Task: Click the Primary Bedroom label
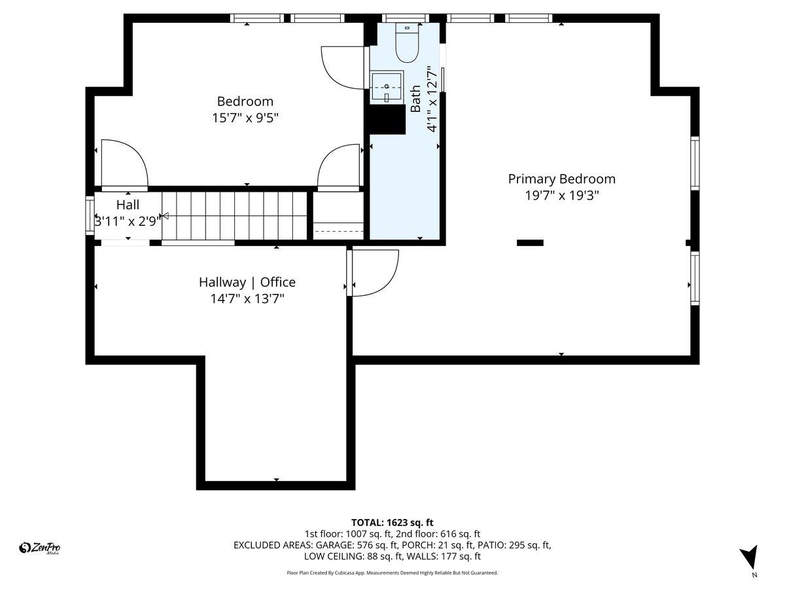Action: [x=561, y=179]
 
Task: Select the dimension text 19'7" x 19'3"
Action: [x=561, y=195]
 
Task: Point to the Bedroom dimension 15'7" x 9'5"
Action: [x=245, y=118]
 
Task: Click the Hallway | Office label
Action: [x=247, y=282]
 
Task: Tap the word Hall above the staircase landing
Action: [x=128, y=205]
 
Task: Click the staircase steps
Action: [x=235, y=216]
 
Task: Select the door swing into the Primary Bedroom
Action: [x=374, y=272]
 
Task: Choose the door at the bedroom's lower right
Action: [x=339, y=167]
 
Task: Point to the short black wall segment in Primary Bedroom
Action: [x=530, y=243]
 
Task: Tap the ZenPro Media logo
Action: [x=41, y=548]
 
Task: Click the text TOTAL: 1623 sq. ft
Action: [x=392, y=522]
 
